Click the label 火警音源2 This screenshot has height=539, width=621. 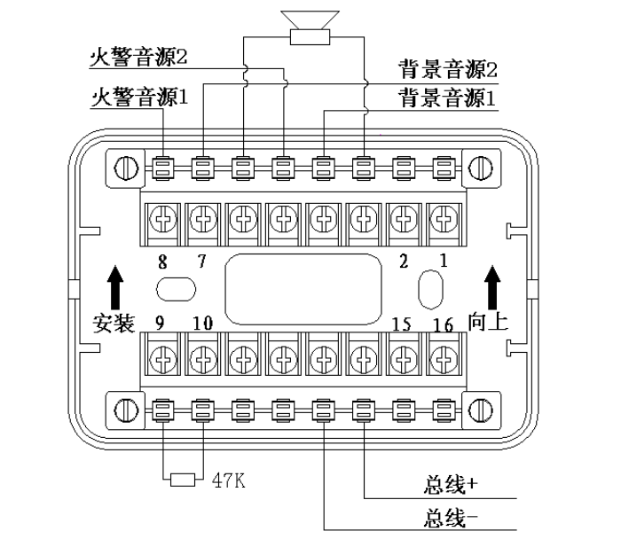coord(141,58)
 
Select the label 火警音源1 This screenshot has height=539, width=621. coord(141,97)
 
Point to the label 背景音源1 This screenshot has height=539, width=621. coord(445,97)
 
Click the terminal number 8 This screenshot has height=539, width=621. coord(162,262)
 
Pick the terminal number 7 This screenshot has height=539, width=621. coord(202,262)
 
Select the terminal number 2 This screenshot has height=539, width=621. coord(405,262)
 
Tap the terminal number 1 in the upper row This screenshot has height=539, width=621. coord(444,262)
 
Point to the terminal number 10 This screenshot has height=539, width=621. coord(203,324)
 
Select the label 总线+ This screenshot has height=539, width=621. coord(452,487)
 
